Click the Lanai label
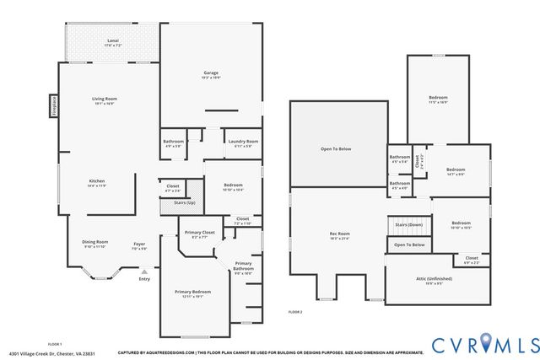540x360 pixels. pyautogui.click(x=112, y=40)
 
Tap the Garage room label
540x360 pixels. pyautogui.click(x=210, y=73)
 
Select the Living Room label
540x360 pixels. pyautogui.click(x=105, y=99)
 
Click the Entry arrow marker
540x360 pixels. pyautogui.click(x=145, y=271)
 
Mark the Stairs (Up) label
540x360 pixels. pyautogui.click(x=185, y=203)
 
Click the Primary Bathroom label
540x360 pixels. pyautogui.click(x=243, y=266)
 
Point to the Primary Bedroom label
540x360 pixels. pyautogui.click(x=193, y=292)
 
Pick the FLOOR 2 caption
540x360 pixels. pyautogui.click(x=295, y=312)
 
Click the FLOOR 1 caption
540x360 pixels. pyautogui.click(x=55, y=344)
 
